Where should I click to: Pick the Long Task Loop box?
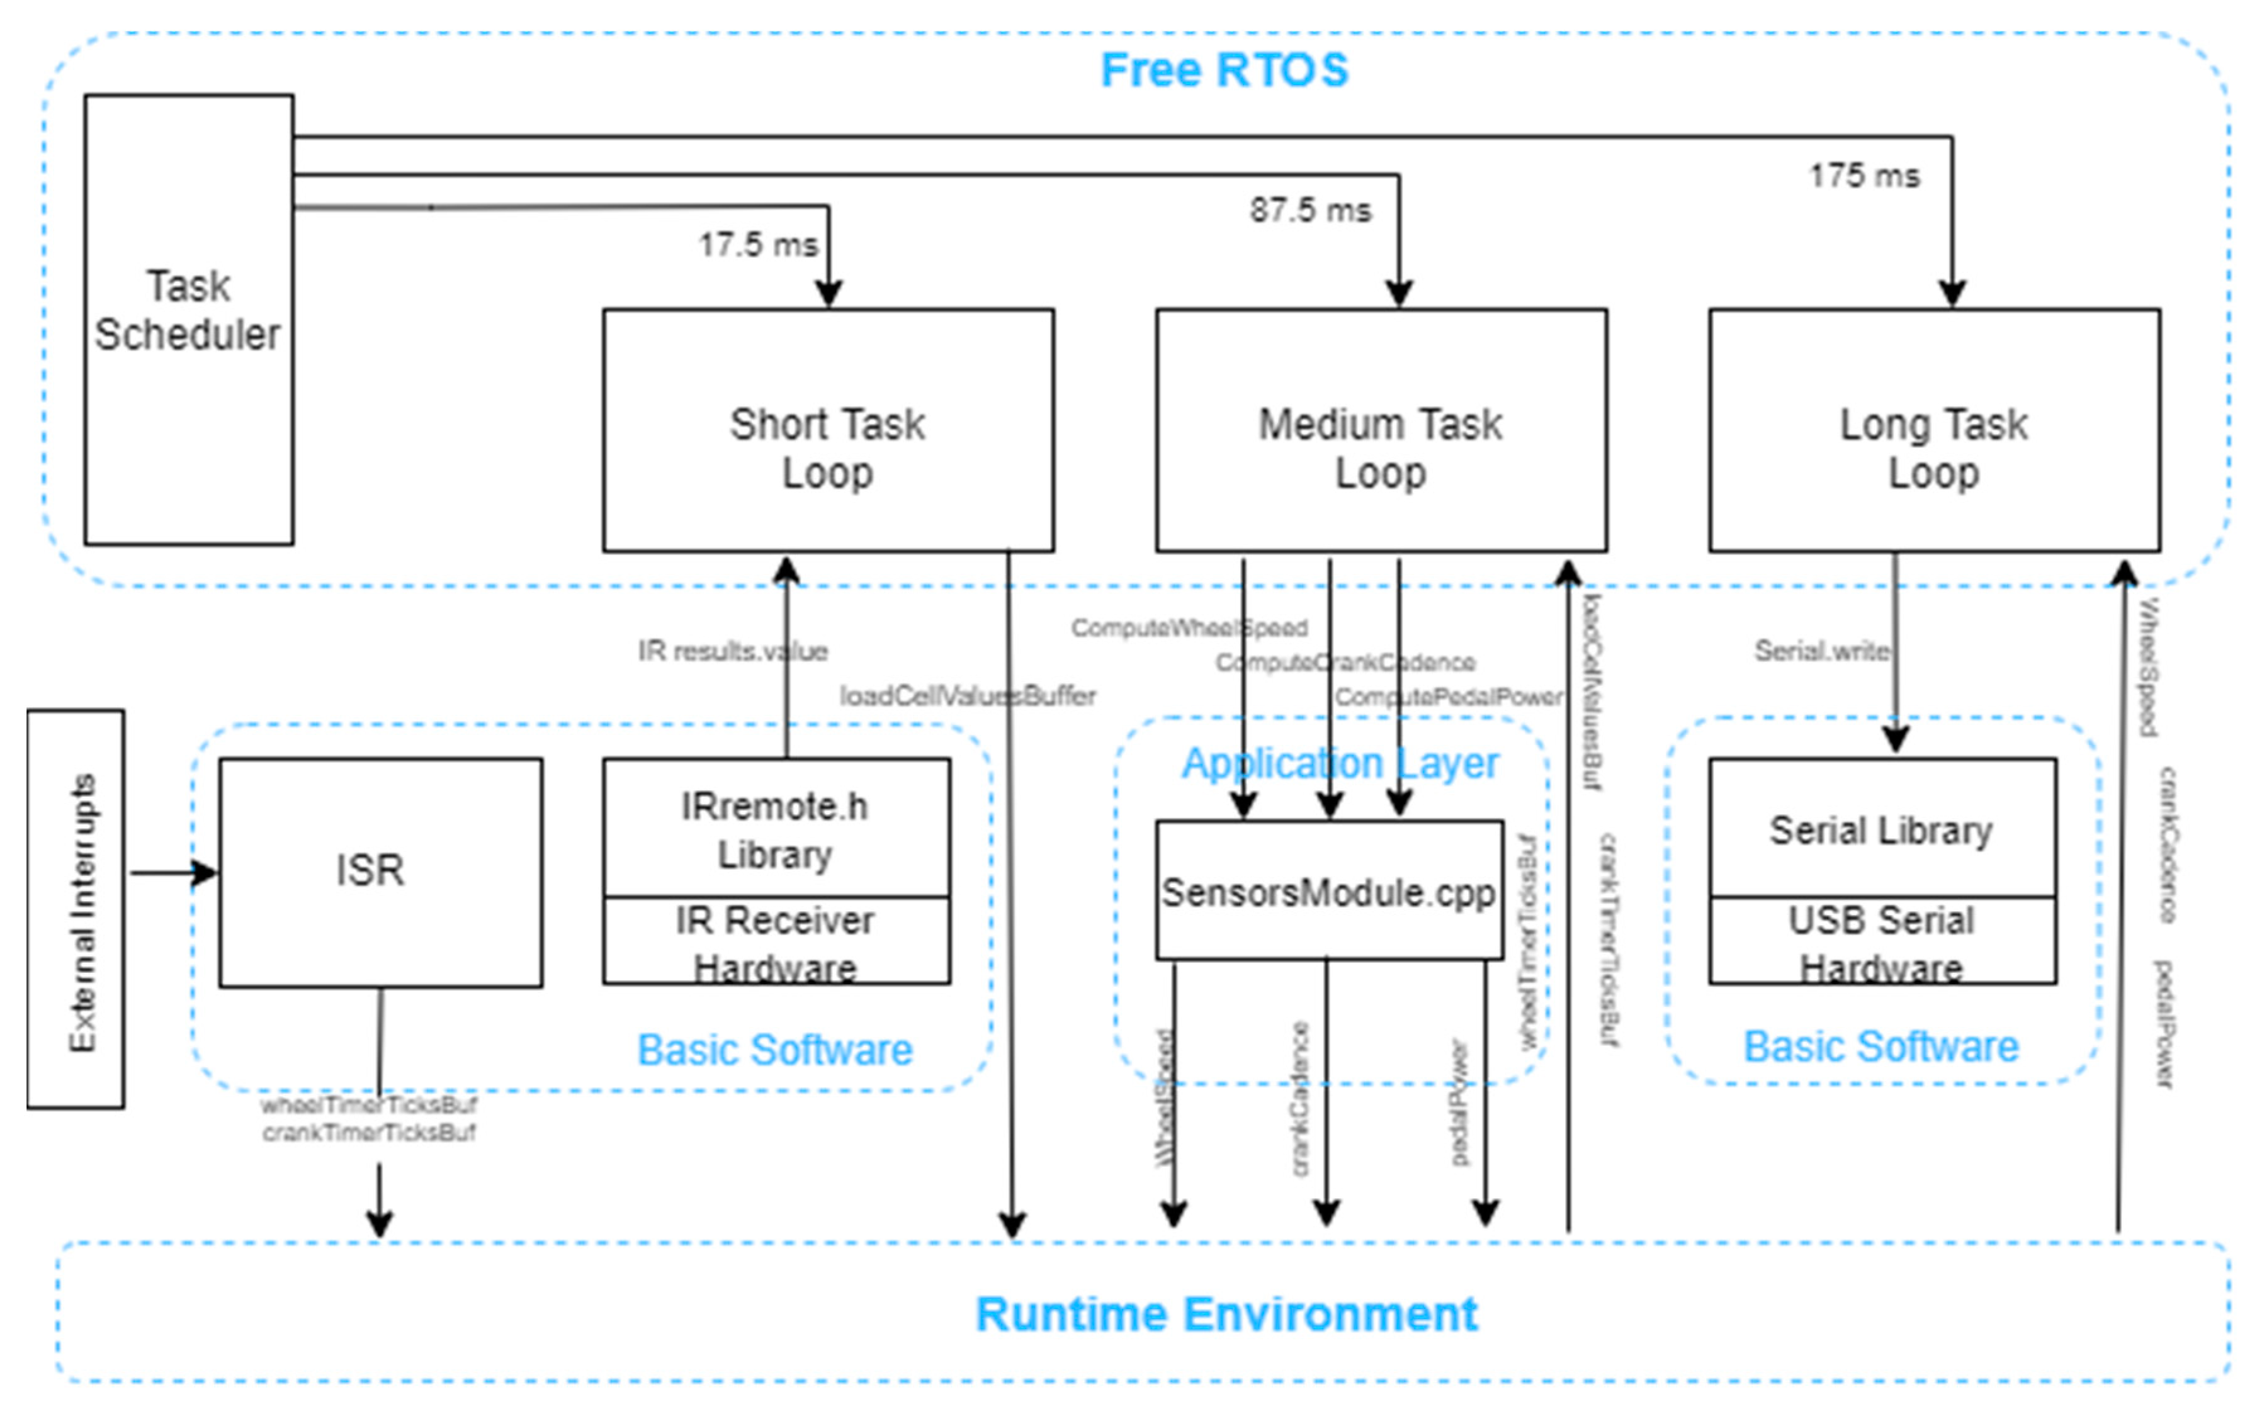pyautogui.click(x=1934, y=430)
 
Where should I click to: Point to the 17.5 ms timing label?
pyautogui.click(x=758, y=245)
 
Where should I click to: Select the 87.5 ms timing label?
pyautogui.click(x=1309, y=210)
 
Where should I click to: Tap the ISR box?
pyautogui.click(x=380, y=872)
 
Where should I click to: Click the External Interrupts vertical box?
pyautogui.click(x=76, y=909)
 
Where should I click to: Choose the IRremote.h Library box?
pyautogui.click(x=776, y=829)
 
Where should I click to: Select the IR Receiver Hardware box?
pyautogui.click(x=776, y=941)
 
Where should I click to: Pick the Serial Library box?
pyautogui.click(x=1881, y=829)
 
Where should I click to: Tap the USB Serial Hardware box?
pyautogui.click(x=1881, y=941)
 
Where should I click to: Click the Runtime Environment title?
pyautogui.click(x=1226, y=1314)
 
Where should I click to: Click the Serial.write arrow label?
pyautogui.click(x=1821, y=651)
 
